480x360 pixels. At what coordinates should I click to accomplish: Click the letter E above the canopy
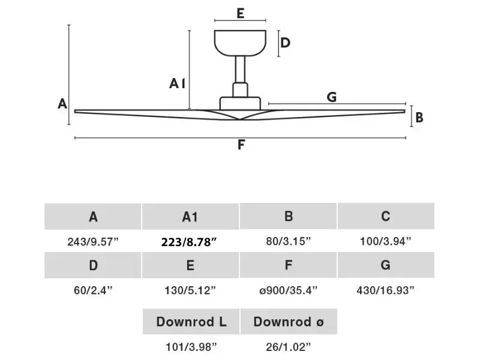point(241,13)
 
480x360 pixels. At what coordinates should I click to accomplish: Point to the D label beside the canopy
point(285,43)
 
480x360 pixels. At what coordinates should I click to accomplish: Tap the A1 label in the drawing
point(178,83)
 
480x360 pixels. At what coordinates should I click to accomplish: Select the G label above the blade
point(332,97)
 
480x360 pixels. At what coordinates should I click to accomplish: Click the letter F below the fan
point(241,145)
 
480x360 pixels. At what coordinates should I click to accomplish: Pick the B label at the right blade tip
point(419,117)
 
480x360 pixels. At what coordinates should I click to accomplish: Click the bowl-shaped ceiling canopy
point(240,43)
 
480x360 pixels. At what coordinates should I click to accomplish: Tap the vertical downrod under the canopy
point(240,70)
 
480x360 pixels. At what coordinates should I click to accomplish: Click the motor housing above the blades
point(240,103)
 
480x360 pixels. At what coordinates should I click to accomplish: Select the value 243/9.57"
point(93,242)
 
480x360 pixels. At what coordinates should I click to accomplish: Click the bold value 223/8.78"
point(189,242)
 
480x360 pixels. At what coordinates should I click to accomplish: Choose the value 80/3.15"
point(288,241)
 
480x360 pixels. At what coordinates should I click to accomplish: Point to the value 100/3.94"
point(385,241)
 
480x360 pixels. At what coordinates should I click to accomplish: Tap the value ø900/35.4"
point(288,290)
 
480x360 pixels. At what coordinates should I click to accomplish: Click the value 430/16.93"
point(385,290)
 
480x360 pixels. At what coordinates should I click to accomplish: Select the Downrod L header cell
point(191,322)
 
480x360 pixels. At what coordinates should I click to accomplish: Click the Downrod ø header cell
point(289,322)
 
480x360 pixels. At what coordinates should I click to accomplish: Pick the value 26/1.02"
point(288,347)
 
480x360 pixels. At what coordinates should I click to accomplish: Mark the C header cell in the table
point(386,216)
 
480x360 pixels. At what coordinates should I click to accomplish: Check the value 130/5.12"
point(190,290)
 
